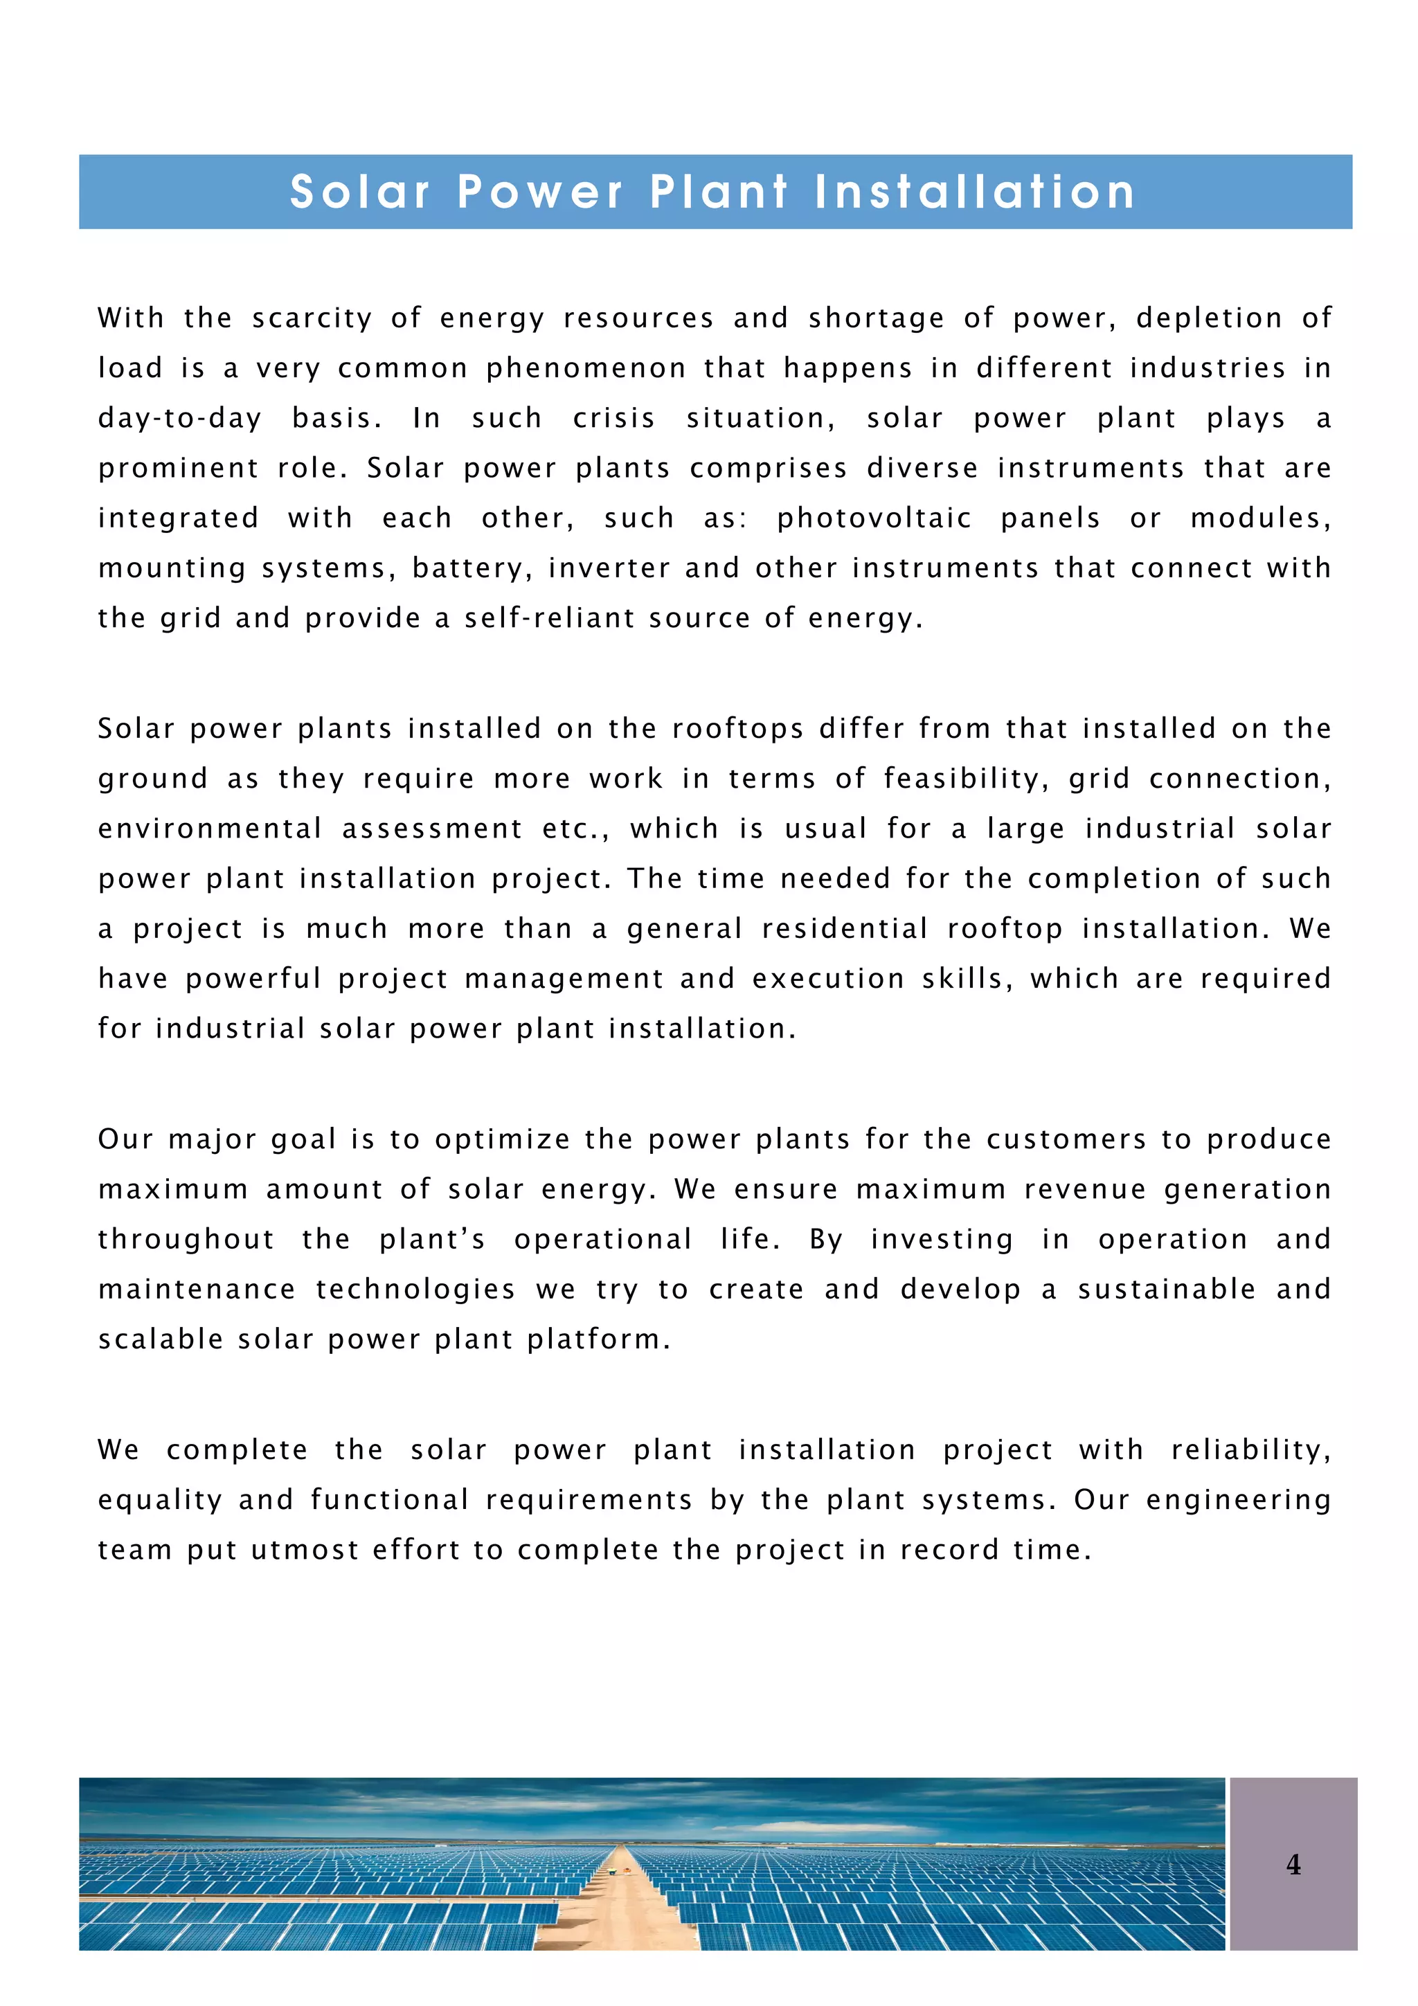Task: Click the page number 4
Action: pos(1293,1865)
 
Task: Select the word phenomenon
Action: pos(585,369)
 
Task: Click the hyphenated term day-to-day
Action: pos(179,419)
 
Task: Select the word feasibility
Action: pos(965,779)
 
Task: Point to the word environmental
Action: pos(210,829)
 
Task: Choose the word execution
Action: pos(827,979)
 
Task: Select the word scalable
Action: pos(161,1339)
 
